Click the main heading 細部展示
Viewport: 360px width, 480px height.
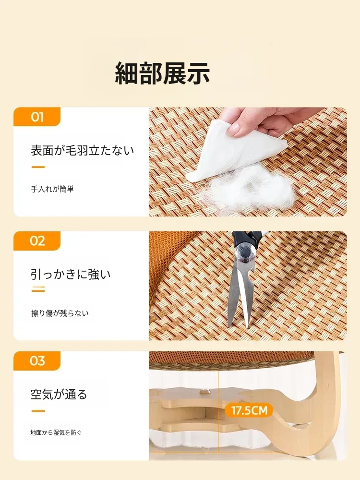point(162,73)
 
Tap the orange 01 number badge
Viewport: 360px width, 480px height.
point(37,117)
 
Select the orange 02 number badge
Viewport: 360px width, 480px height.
point(37,241)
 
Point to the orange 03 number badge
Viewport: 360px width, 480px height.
point(37,360)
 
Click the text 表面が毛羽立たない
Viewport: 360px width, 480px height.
point(83,151)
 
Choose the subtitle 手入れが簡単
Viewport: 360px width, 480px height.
point(52,189)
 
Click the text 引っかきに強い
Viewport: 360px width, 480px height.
point(71,274)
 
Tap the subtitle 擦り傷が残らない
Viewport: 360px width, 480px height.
point(60,313)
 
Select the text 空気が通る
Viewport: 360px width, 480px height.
point(59,394)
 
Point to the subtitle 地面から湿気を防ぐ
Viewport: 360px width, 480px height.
point(56,432)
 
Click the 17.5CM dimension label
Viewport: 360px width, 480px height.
point(249,410)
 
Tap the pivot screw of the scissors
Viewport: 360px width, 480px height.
point(244,252)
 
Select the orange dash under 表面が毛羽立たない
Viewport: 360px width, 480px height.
point(38,167)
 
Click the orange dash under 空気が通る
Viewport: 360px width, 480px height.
point(38,411)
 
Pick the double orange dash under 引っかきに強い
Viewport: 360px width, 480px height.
point(38,289)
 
